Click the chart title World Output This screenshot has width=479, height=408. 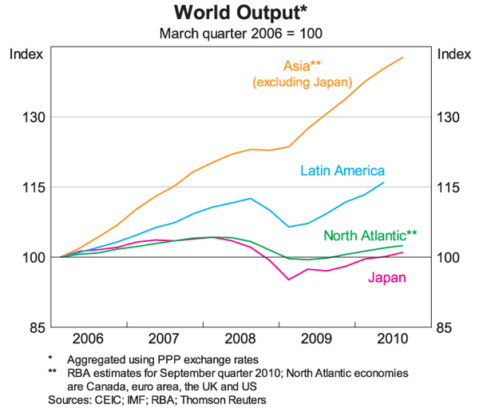(239, 14)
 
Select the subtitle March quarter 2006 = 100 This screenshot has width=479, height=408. (239, 34)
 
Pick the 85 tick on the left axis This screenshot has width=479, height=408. (33, 327)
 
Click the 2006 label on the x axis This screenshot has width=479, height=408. (87, 338)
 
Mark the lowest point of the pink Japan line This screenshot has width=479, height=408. (289, 279)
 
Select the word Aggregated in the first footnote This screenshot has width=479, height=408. (97, 360)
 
